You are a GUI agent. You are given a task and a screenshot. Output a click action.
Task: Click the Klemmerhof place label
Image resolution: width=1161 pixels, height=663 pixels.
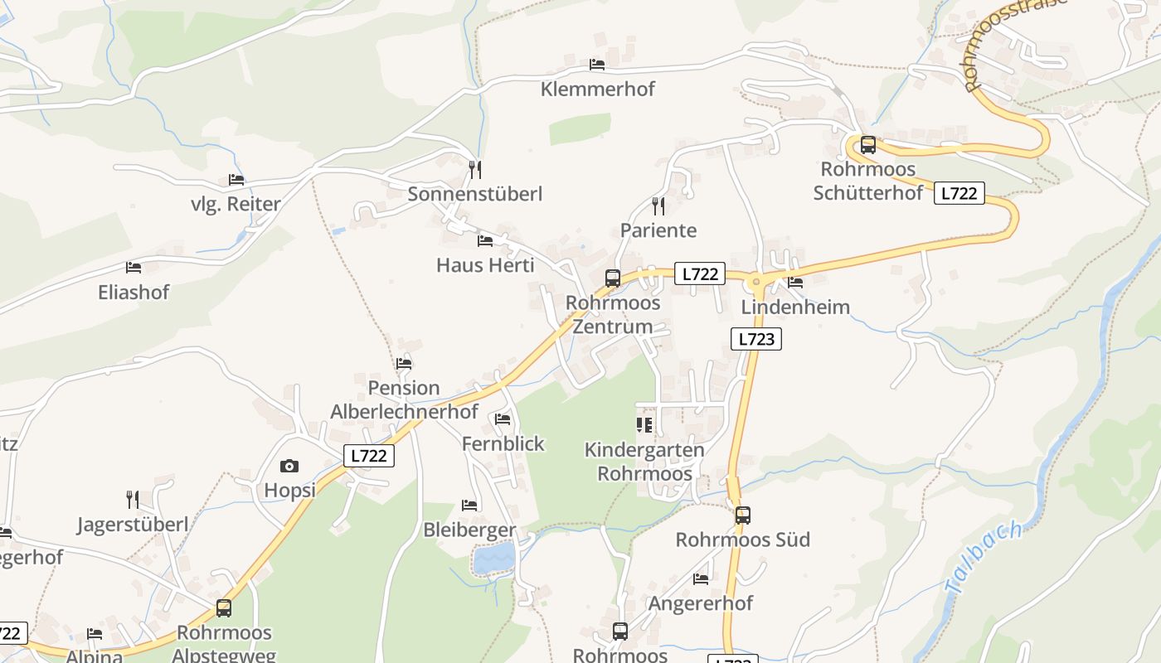(597, 89)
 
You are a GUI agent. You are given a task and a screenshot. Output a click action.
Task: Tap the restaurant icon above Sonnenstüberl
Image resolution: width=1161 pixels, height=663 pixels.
(474, 170)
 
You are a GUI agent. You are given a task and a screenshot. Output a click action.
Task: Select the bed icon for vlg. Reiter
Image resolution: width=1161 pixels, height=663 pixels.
(236, 180)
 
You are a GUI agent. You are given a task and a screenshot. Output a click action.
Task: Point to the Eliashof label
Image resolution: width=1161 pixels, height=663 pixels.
(134, 292)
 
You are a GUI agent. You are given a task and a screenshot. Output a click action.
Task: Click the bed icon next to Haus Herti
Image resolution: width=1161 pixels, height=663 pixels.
(485, 241)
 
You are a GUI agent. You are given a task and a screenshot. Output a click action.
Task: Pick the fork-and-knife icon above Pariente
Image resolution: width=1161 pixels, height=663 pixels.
(658, 206)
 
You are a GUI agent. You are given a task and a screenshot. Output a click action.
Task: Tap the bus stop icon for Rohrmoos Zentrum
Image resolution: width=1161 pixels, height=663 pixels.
(613, 278)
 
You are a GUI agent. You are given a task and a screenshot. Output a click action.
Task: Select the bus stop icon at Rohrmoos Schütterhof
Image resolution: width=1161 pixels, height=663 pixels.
(868, 145)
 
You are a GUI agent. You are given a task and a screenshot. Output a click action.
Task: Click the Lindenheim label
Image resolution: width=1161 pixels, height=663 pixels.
(795, 307)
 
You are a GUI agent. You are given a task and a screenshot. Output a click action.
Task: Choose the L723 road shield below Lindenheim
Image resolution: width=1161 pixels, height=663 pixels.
(756, 338)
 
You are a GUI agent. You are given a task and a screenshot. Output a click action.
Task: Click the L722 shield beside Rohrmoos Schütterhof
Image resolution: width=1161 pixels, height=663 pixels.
(959, 193)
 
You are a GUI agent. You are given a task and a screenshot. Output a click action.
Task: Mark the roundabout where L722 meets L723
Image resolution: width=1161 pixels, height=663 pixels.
(756, 283)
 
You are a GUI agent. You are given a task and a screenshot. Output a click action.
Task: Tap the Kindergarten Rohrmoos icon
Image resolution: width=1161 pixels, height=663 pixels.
(644, 426)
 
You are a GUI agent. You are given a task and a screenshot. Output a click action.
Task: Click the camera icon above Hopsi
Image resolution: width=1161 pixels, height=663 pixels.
(289, 467)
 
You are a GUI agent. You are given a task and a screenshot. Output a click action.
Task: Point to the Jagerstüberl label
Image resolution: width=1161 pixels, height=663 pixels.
(133, 524)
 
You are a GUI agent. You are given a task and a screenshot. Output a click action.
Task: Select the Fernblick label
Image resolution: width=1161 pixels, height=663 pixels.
(503, 443)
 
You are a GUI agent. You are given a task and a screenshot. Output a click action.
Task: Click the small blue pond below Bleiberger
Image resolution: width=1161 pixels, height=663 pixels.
(494, 559)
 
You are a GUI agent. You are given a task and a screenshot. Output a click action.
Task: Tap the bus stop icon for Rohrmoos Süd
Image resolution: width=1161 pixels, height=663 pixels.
(743, 515)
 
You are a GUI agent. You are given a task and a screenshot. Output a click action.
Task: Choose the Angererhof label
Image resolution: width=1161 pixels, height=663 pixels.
(701, 603)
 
